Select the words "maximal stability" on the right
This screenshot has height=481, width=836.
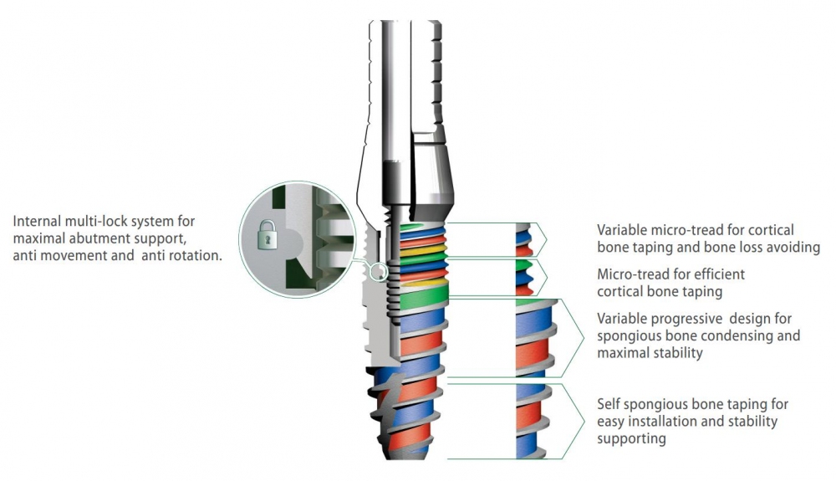650,353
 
